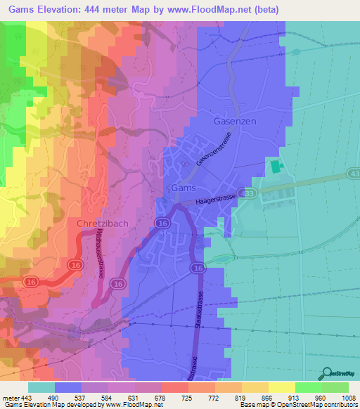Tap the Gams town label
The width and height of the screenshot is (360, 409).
coord(184,188)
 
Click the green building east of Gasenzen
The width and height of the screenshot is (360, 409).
coord(274,167)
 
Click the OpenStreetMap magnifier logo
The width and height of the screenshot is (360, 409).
coord(326,374)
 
